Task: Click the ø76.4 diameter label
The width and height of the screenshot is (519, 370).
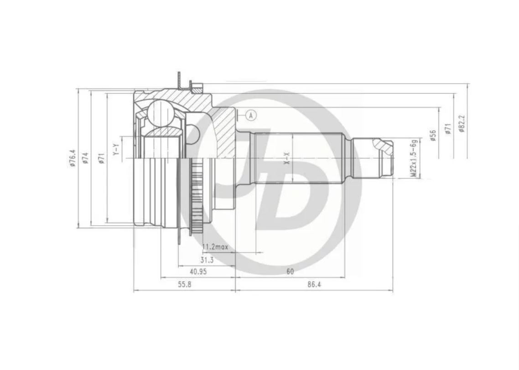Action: pos(73,158)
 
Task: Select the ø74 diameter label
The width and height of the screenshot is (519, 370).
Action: pos(85,158)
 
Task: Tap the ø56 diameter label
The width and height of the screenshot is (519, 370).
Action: pos(433,135)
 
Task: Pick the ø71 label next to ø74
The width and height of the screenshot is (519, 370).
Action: pos(101,158)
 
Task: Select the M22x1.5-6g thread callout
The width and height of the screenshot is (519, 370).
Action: pos(413,158)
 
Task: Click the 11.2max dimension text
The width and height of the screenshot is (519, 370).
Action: pos(215,247)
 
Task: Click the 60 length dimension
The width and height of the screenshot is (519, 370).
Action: pos(290,271)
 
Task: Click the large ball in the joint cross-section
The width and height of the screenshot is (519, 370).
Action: pos(160,112)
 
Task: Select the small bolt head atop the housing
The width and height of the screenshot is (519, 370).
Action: pos(197,86)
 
